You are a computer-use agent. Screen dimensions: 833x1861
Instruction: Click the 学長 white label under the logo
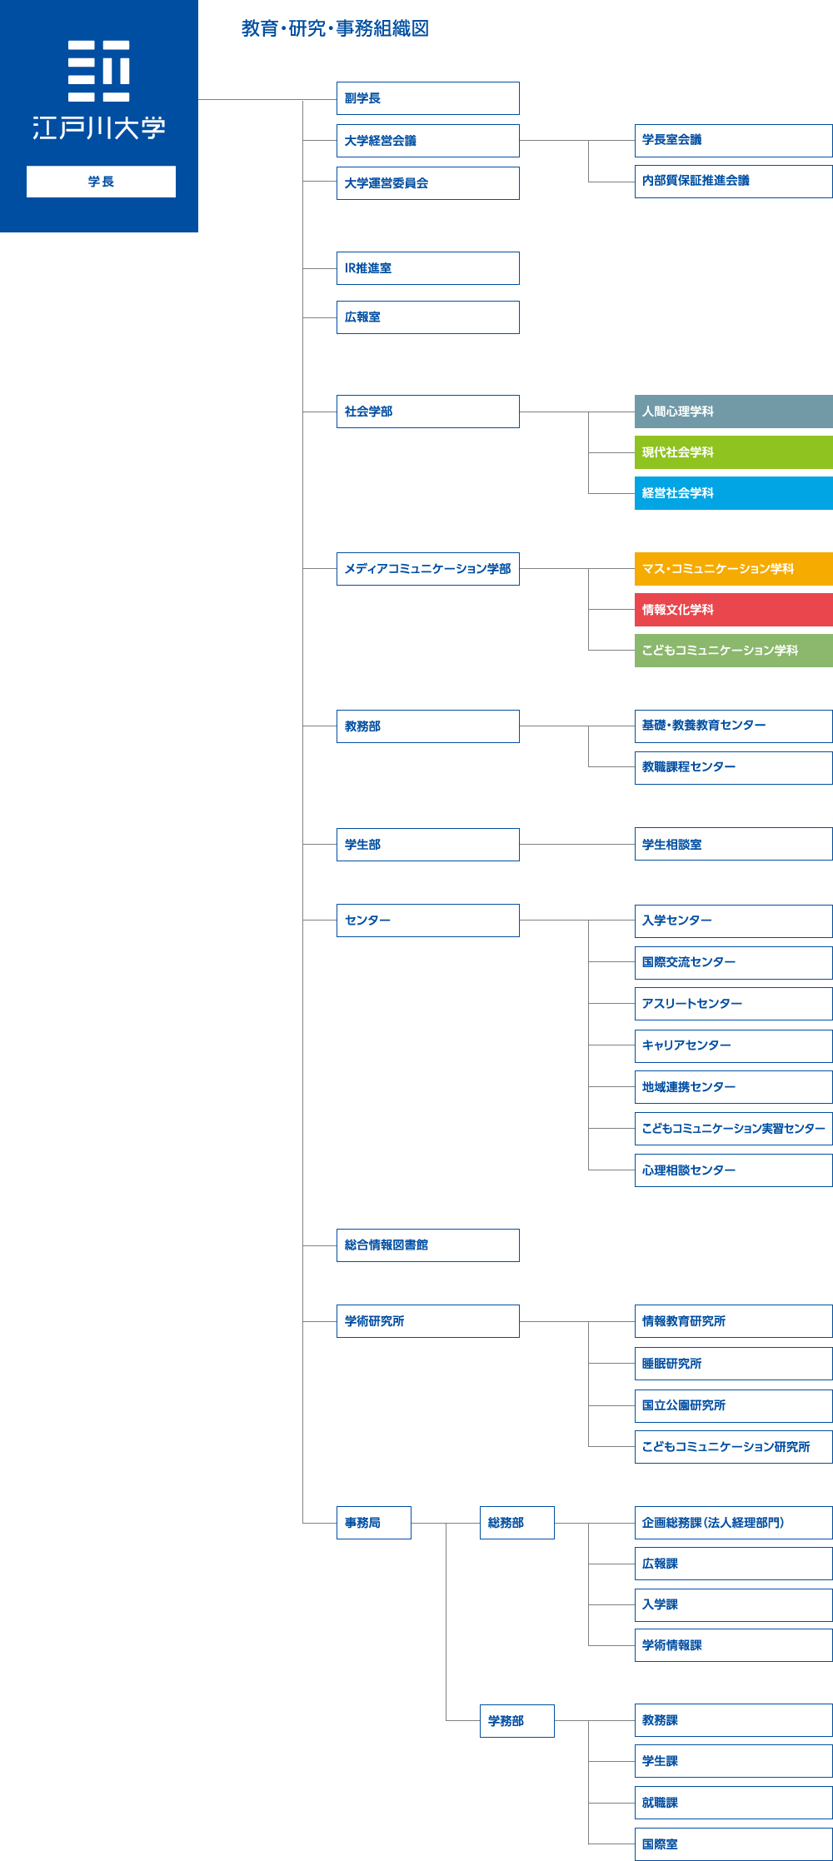(101, 182)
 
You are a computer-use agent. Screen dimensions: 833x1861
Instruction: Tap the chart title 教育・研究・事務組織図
(335, 28)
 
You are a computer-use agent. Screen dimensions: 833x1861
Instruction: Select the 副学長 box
(427, 98)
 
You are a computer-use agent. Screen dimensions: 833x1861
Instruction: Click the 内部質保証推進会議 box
(733, 181)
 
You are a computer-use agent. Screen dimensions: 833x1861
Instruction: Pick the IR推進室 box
(427, 268)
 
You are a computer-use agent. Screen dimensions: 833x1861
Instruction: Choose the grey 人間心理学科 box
(733, 412)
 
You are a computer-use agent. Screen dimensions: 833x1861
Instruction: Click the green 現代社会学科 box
(733, 452)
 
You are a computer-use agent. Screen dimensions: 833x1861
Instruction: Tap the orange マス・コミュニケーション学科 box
(733, 569)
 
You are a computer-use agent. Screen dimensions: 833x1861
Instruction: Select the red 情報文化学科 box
(733, 610)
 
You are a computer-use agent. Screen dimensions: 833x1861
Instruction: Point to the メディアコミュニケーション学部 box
(427, 569)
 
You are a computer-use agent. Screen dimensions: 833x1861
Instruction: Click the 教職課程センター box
(733, 767)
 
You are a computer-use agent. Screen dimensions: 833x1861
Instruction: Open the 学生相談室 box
(733, 844)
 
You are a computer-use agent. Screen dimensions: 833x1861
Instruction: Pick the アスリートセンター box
(733, 1004)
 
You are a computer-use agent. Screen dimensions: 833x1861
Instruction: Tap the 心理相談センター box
(733, 1170)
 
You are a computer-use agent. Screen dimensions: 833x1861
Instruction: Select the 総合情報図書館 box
(427, 1245)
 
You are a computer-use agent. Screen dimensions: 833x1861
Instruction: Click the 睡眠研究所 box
(733, 1364)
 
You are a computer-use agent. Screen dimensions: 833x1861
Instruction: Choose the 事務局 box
(374, 1523)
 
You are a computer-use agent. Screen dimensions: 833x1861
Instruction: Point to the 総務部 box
(517, 1523)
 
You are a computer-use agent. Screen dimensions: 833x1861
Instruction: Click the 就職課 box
(733, 1803)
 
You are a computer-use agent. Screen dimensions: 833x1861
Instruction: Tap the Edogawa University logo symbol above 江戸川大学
(99, 71)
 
